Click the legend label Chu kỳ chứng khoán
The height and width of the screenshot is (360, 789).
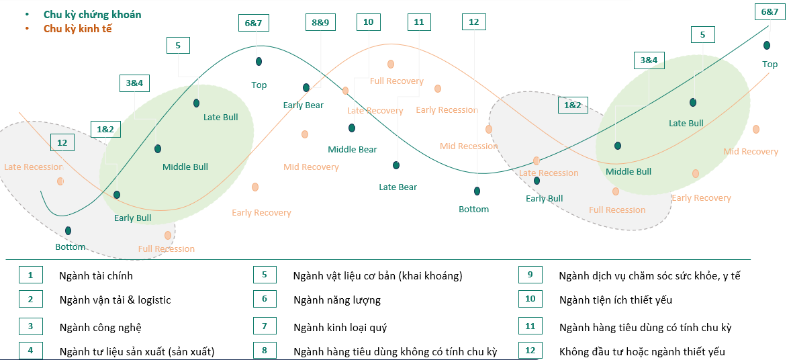click(x=92, y=14)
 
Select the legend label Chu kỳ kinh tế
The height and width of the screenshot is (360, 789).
click(x=77, y=28)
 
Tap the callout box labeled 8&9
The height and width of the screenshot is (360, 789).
click(x=320, y=22)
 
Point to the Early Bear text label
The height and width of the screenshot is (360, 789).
click(x=303, y=105)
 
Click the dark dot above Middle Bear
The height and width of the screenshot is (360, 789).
click(x=352, y=128)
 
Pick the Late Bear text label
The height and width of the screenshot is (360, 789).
click(x=398, y=187)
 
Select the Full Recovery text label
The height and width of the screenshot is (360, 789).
click(x=396, y=81)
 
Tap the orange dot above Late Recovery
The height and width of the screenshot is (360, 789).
click(x=346, y=91)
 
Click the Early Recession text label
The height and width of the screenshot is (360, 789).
click(x=447, y=109)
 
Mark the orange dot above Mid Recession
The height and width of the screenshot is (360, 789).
click(x=489, y=129)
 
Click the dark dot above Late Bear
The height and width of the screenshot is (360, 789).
click(x=396, y=165)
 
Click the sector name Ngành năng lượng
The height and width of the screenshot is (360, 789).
click(x=336, y=300)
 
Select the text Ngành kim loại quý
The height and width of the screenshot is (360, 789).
click(x=340, y=327)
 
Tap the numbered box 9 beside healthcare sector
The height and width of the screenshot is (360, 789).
click(x=530, y=275)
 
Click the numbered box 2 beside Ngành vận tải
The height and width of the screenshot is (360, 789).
click(x=31, y=300)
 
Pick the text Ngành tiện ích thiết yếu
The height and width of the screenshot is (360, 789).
click(x=615, y=300)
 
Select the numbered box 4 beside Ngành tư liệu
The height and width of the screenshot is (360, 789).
click(x=31, y=351)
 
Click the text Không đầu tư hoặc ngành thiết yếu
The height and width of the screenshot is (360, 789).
click(x=641, y=351)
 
